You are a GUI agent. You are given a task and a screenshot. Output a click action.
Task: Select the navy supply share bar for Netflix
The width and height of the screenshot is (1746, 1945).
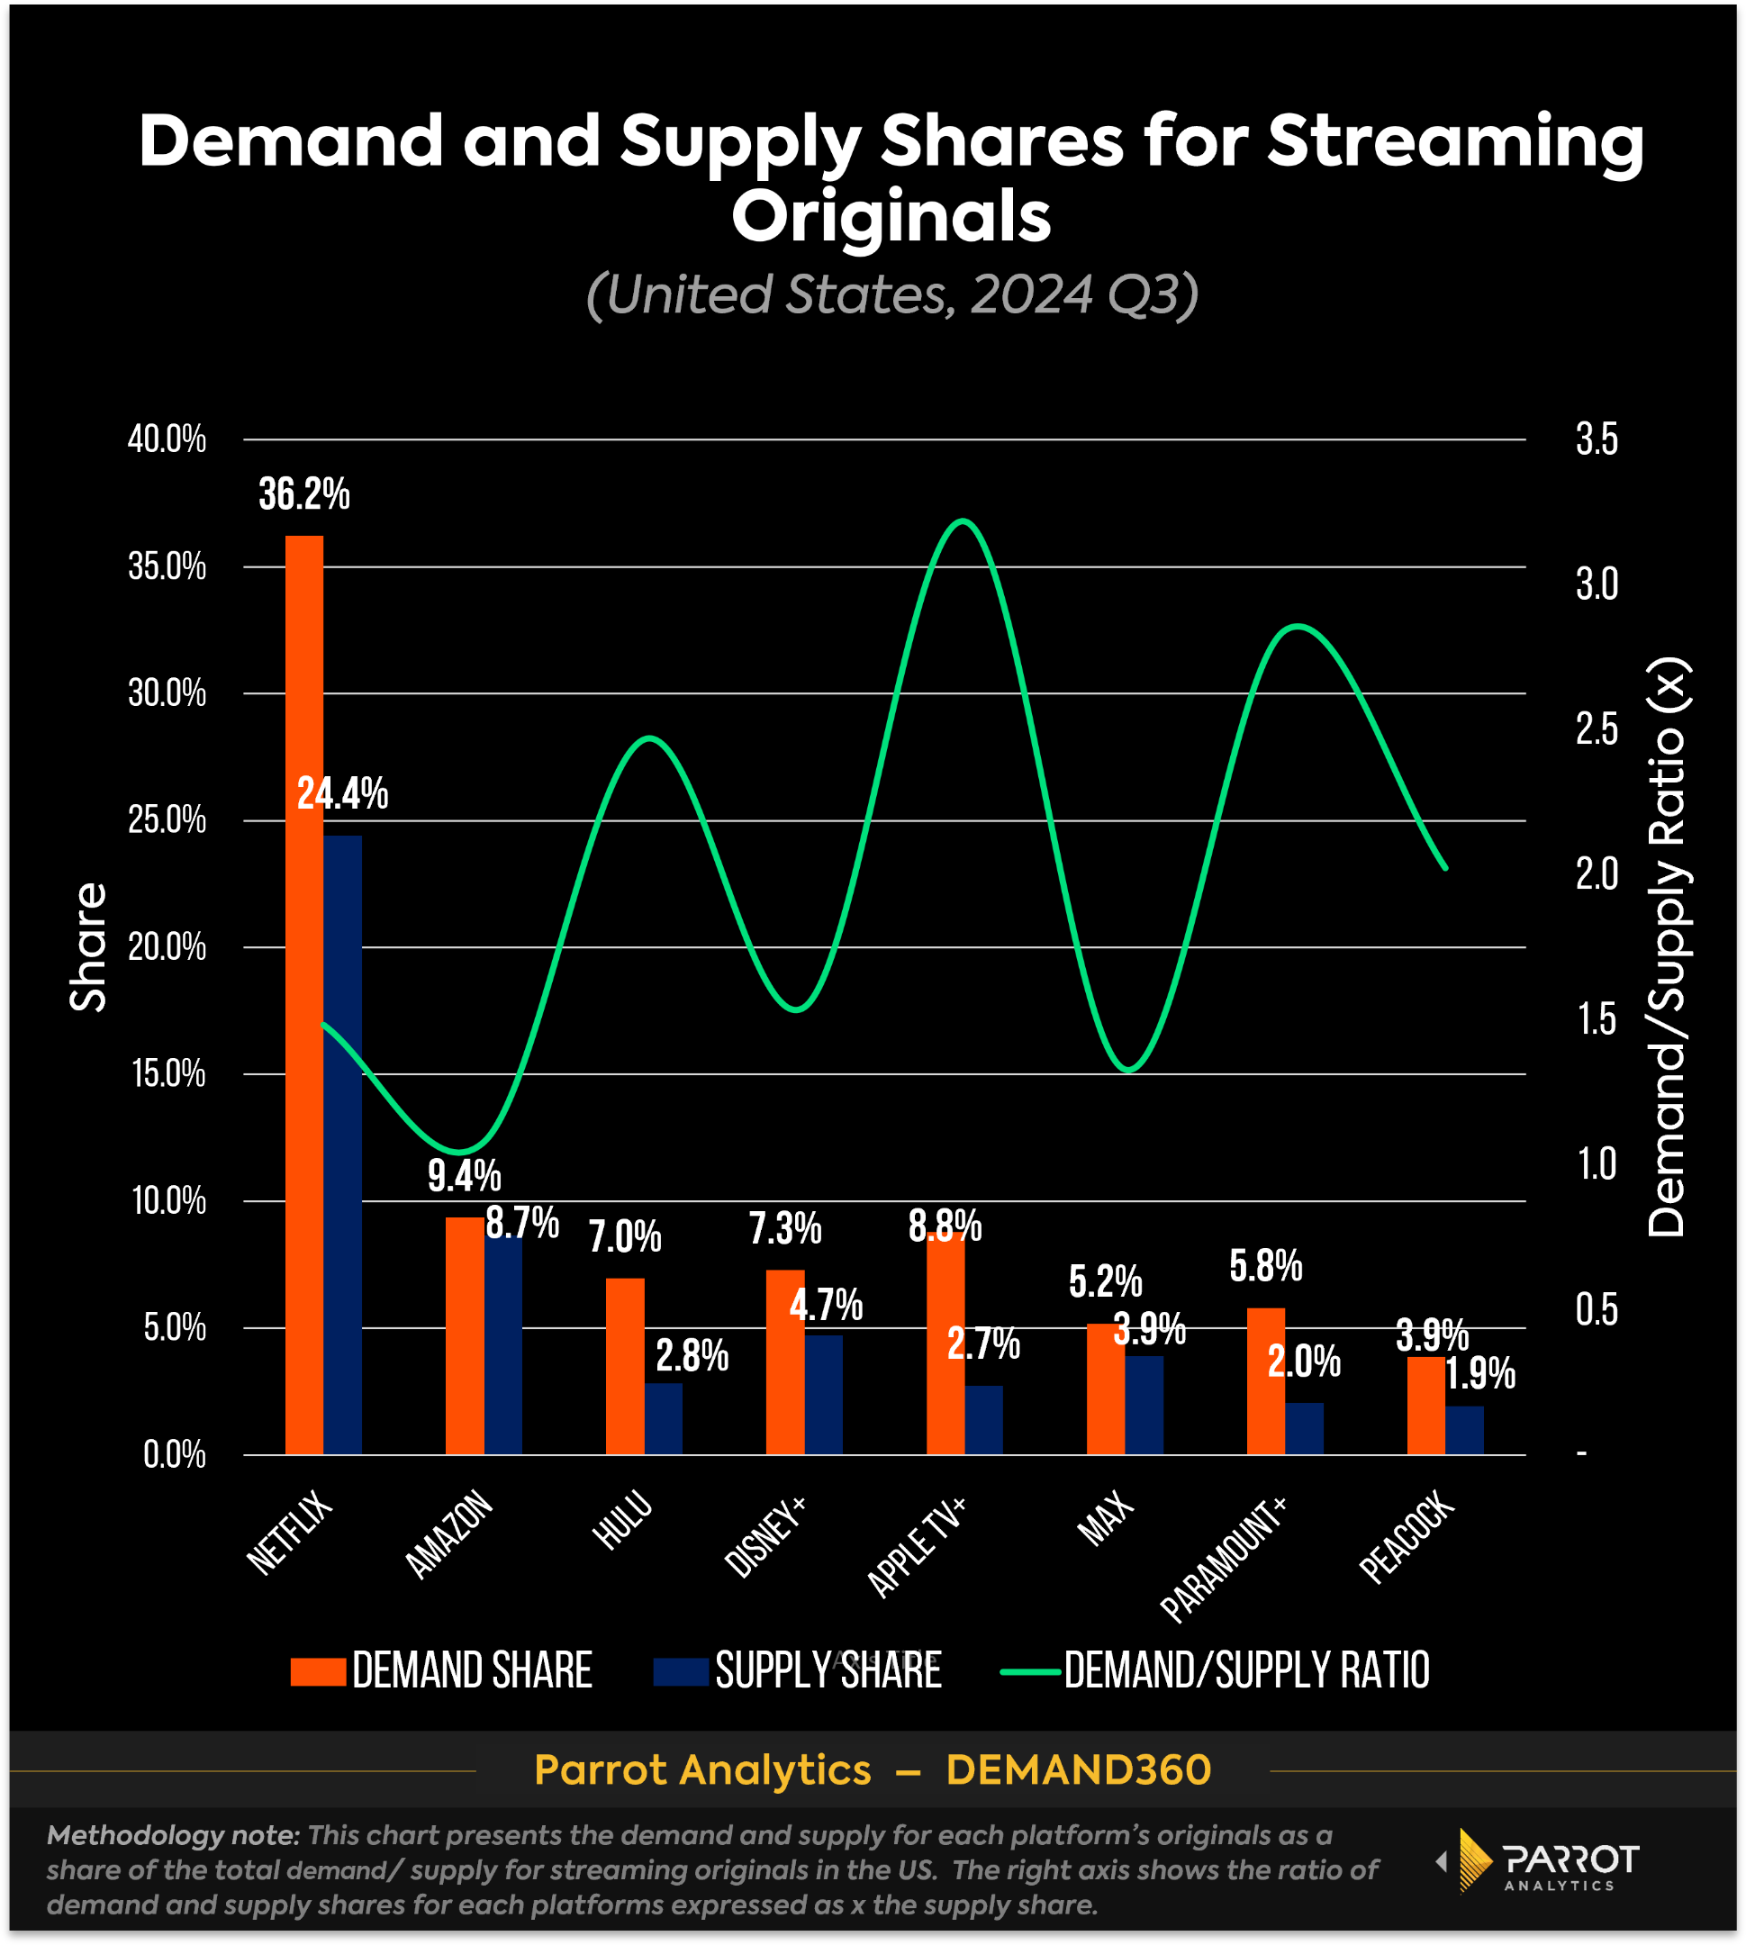(342, 1142)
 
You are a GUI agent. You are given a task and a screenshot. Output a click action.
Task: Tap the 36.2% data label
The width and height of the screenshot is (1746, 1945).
(304, 495)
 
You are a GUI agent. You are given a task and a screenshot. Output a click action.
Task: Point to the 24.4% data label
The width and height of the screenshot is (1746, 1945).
(342, 794)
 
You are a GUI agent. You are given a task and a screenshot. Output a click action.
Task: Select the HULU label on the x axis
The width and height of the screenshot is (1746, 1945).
(623, 1522)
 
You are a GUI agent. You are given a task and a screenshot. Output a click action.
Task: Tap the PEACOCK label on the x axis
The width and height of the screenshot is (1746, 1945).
(1407, 1536)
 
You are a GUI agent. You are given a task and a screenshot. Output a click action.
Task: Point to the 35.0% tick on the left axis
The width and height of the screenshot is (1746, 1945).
(167, 567)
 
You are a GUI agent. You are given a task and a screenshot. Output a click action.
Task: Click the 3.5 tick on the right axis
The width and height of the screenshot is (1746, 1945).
(1597, 440)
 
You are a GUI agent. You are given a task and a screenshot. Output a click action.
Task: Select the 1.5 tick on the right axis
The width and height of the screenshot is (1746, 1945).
(1597, 1020)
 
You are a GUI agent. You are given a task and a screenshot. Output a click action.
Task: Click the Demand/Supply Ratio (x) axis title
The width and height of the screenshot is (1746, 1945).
(1667, 947)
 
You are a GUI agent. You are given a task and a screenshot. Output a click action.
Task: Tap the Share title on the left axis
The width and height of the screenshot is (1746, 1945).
(88, 947)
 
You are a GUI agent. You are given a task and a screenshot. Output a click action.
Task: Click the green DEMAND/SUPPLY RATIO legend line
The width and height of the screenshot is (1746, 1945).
(1030, 1671)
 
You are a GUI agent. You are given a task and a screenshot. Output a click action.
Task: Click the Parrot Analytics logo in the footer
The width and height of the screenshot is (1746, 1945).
(1540, 1861)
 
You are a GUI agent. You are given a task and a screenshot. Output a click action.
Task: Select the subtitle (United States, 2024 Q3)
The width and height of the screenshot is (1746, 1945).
(892, 294)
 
